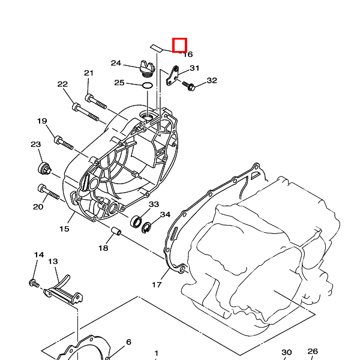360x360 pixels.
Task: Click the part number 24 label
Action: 116,63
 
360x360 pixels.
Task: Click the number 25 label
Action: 119,82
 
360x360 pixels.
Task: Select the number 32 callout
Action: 211,80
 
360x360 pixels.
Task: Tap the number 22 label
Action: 62,84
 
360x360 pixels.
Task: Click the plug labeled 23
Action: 43,167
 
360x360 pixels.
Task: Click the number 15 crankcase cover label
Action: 64,229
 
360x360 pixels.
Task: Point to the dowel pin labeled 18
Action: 118,232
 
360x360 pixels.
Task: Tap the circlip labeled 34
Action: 146,227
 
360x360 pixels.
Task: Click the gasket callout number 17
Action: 157,284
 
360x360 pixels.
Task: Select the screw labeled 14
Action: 34,282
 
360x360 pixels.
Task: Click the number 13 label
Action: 53,262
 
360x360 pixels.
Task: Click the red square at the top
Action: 180,45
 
